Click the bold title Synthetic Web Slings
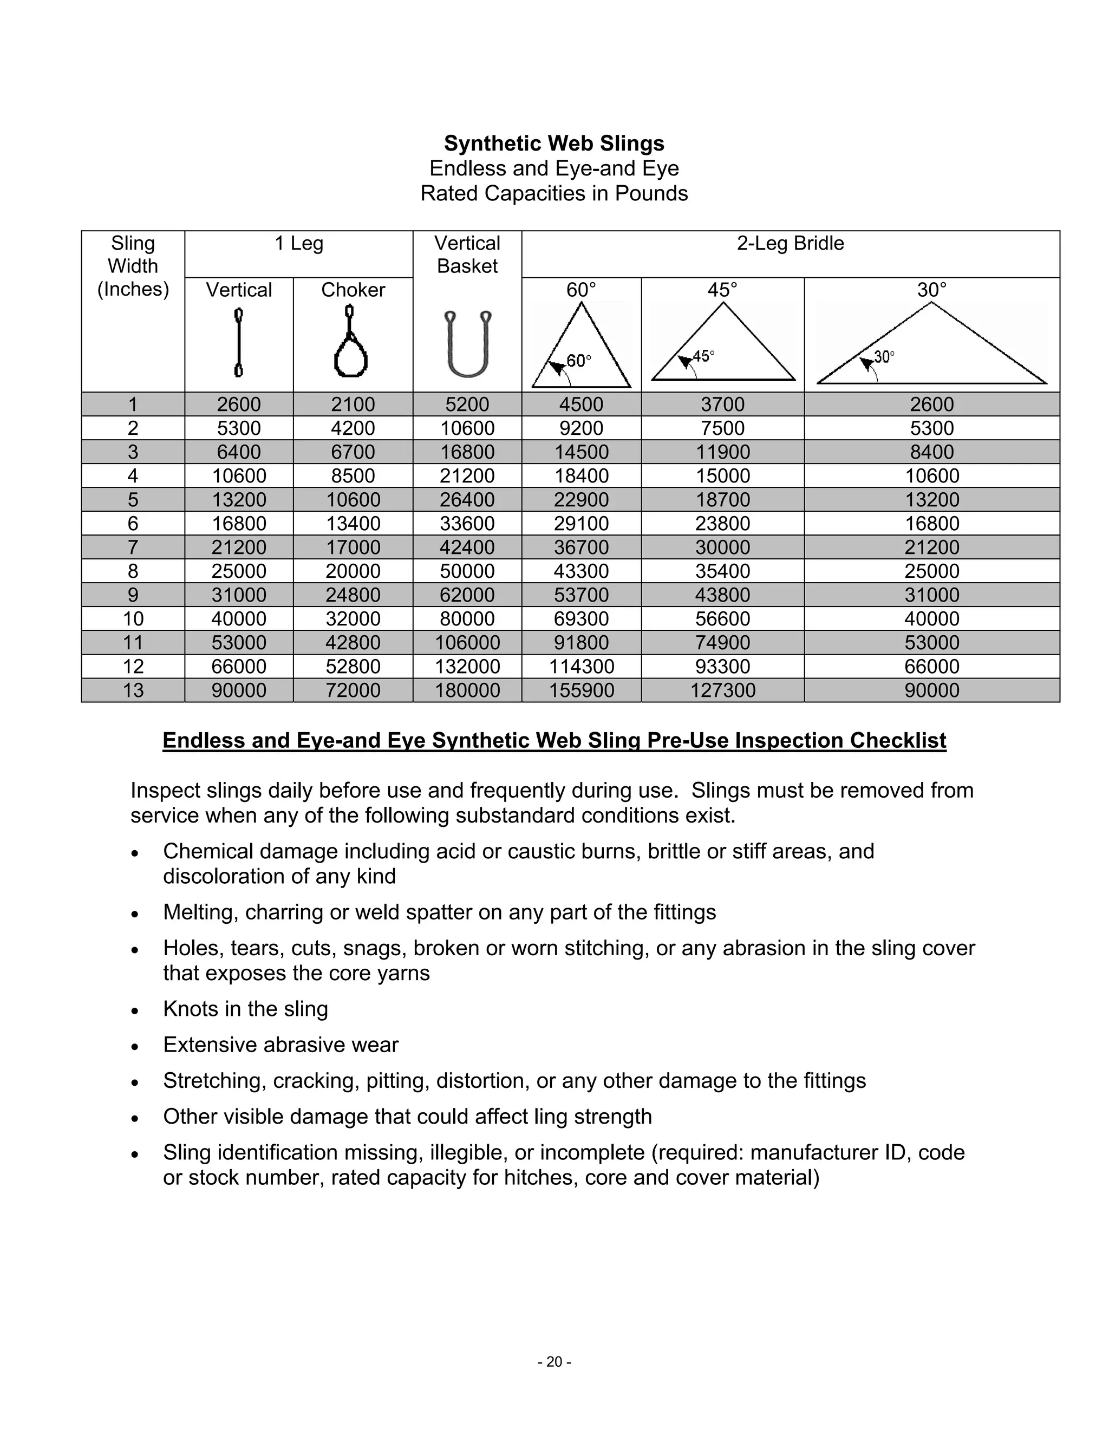point(554,143)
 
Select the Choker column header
point(353,290)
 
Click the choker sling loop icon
point(351,342)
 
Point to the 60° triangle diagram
point(581,345)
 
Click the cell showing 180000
point(467,690)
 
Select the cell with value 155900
point(582,690)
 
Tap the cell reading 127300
point(723,690)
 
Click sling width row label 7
point(133,547)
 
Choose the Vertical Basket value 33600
point(467,524)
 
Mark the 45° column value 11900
point(723,452)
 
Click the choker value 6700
point(353,452)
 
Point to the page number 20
point(554,1361)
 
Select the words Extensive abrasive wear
point(280,1045)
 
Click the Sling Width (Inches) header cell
point(133,266)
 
